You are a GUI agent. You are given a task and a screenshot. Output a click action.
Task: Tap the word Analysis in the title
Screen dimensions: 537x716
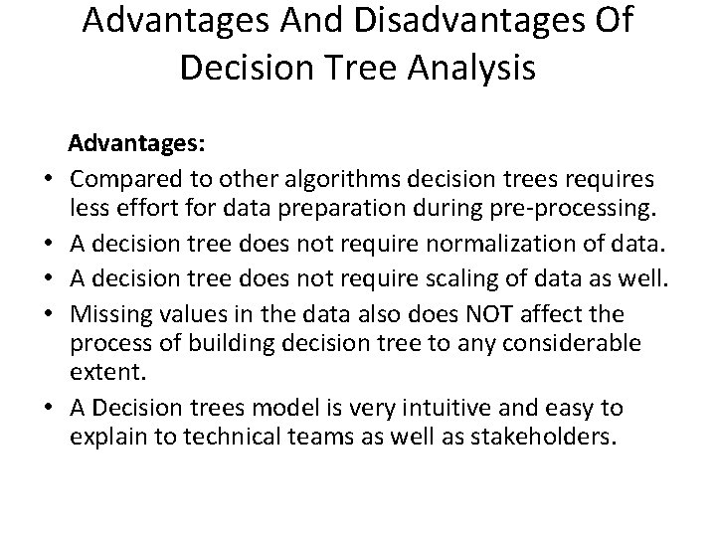[465, 70]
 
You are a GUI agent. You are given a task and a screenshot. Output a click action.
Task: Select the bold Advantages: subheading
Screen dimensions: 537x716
[137, 145]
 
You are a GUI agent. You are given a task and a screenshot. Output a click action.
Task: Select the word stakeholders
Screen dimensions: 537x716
[540, 439]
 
